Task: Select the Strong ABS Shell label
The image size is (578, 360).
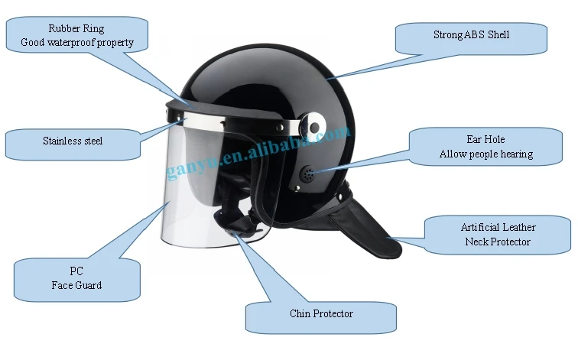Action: [471, 35]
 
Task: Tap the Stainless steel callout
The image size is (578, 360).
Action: [73, 141]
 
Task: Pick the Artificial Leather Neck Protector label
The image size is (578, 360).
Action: [498, 235]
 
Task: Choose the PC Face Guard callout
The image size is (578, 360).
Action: [76, 278]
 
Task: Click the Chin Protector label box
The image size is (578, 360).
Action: [321, 313]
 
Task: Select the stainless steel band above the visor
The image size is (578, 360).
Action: [214, 119]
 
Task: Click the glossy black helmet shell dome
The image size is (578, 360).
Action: [268, 73]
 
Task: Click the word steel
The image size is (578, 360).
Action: [90, 141]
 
